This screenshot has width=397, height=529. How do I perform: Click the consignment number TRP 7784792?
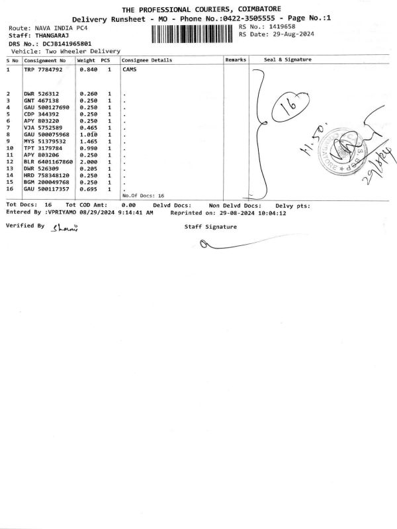click(44, 69)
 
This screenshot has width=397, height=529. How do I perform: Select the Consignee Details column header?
click(147, 60)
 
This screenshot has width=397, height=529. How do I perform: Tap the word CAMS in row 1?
click(130, 69)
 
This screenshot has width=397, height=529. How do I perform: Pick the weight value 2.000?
click(88, 161)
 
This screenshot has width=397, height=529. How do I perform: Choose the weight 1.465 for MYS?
click(88, 141)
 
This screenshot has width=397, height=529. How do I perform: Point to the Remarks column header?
click(235, 60)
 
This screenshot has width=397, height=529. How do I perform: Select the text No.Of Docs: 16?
click(143, 196)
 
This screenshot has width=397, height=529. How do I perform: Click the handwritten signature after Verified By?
click(66, 228)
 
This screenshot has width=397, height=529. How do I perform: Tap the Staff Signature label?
click(210, 227)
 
